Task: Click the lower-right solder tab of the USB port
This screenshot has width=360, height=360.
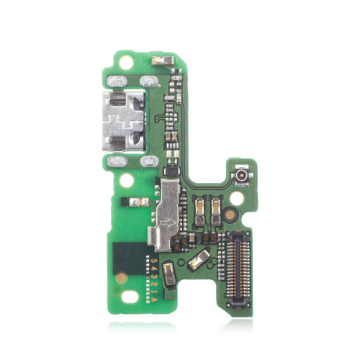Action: coord(150,161)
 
